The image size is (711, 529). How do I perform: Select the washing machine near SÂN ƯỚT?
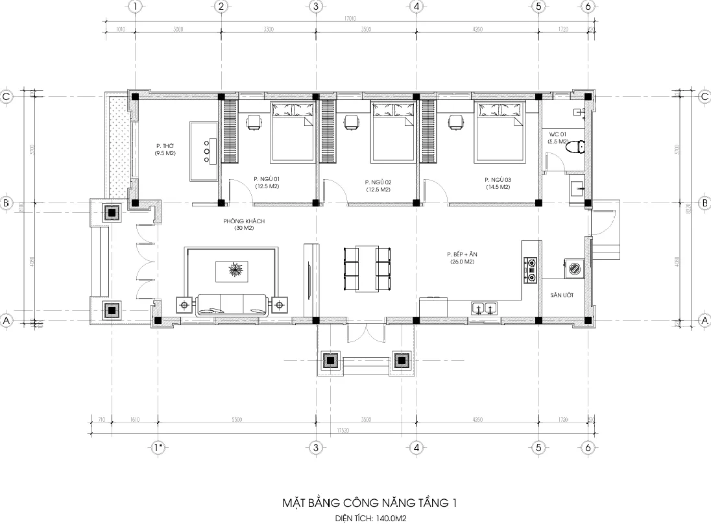(573, 267)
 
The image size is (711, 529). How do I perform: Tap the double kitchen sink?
(485, 308)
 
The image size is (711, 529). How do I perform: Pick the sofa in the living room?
(232, 304)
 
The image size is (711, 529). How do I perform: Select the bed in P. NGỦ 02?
(392, 131)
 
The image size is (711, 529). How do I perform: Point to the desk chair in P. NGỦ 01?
(254, 121)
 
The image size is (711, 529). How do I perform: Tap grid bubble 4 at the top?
(416, 6)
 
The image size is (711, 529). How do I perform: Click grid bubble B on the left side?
(6, 203)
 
